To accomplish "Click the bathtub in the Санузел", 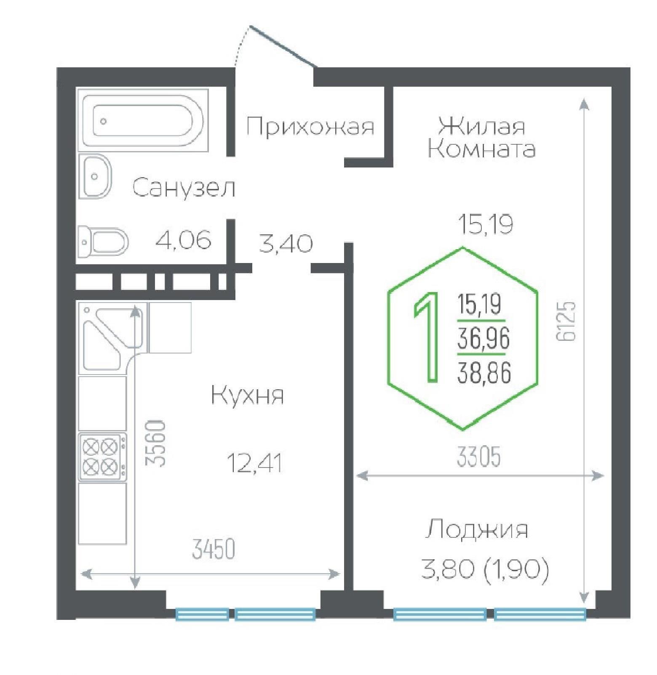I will click(143, 121).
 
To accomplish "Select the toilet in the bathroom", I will click(104, 242).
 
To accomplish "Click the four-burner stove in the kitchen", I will click(103, 457).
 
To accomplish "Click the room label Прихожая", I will click(310, 126).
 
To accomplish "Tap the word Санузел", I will click(184, 188).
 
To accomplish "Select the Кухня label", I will click(248, 396).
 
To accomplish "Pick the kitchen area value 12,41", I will click(254, 463).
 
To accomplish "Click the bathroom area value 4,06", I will click(183, 241).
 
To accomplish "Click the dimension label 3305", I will click(479, 457).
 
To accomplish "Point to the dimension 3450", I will click(213, 549).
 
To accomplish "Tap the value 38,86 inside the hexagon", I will click(484, 373).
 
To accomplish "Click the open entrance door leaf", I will click(283, 46).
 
